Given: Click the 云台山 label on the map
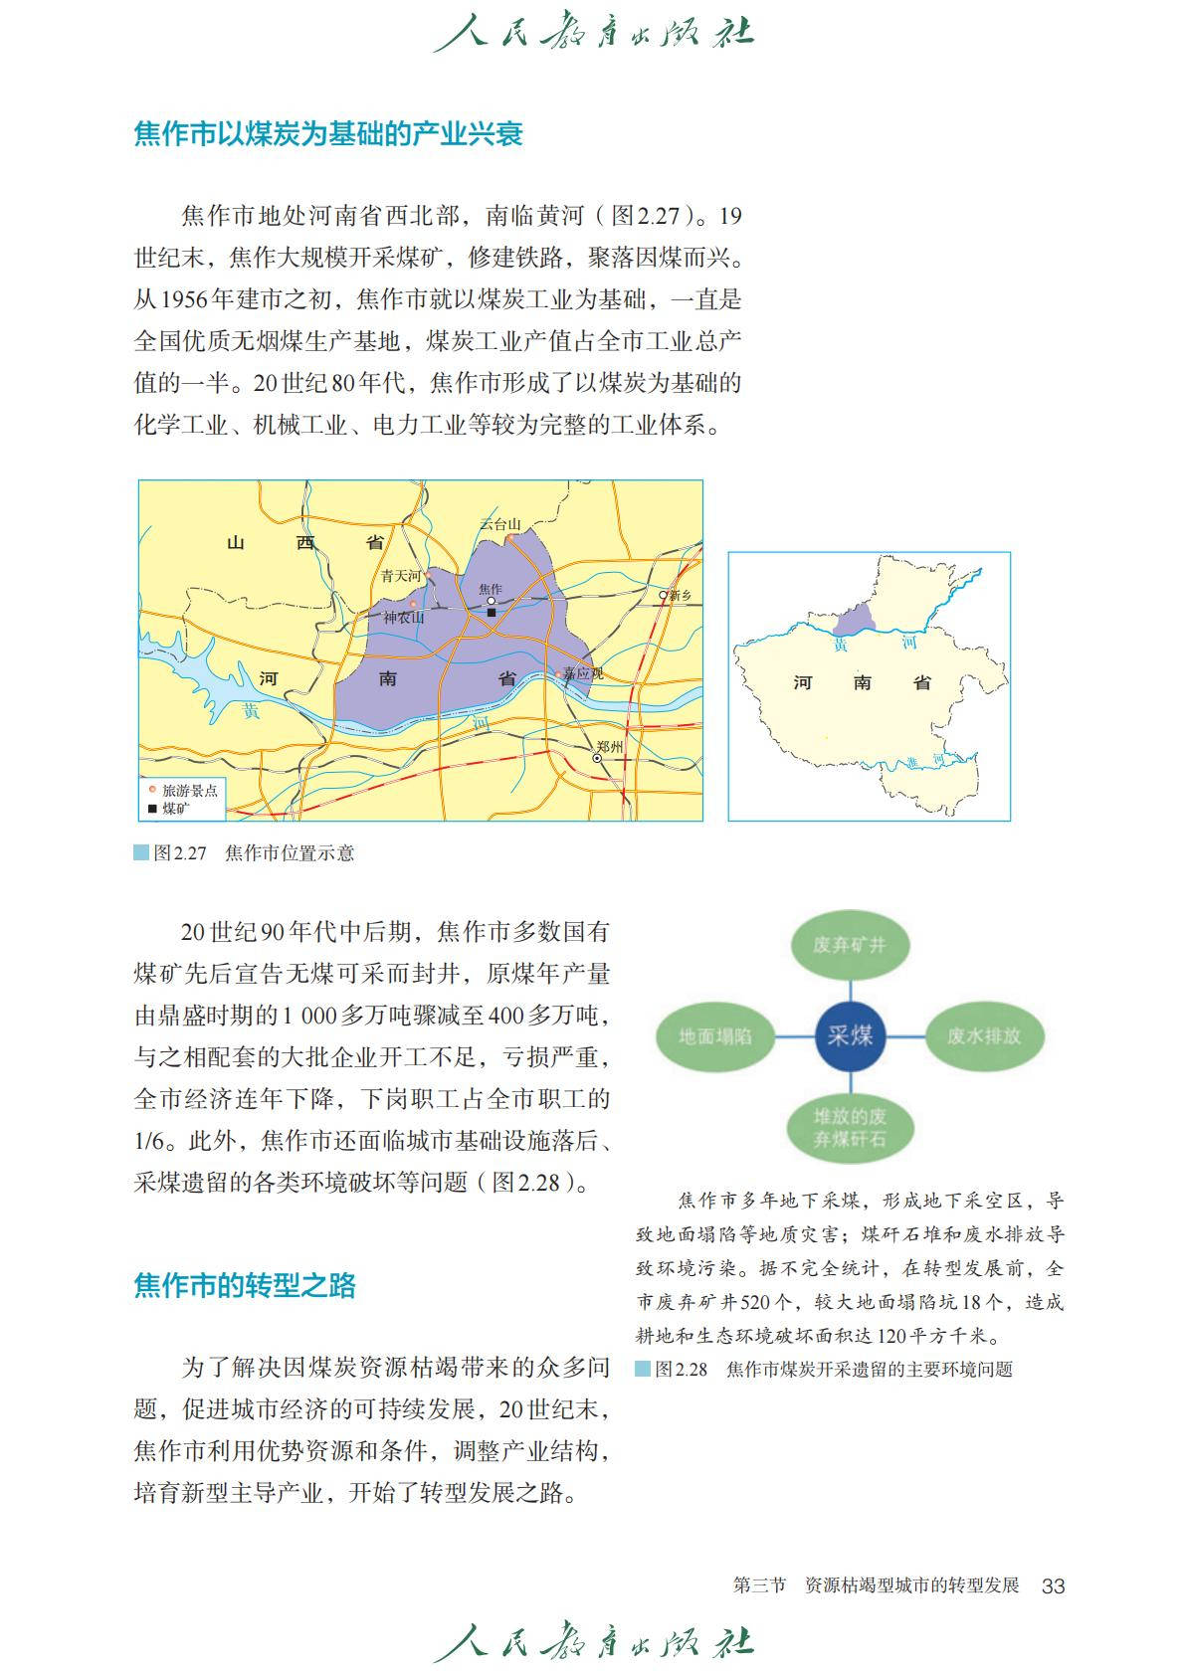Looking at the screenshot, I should [499, 524].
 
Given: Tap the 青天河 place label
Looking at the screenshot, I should [401, 575].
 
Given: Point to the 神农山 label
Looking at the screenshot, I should [404, 618].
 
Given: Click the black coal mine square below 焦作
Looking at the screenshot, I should [492, 613].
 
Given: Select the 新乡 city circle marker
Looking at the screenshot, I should [664, 595].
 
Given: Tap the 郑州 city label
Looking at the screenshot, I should [609, 746].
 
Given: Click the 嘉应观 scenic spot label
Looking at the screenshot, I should [583, 673].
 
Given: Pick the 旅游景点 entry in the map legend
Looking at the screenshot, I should [188, 791].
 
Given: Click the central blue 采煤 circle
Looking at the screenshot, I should [850, 1036].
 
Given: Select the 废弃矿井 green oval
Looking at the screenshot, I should [849, 945].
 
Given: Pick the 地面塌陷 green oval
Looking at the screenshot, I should [715, 1036].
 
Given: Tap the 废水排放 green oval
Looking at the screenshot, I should [983, 1036].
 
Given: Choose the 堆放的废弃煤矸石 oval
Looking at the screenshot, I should [849, 1128].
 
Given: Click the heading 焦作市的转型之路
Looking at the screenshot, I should [245, 1286].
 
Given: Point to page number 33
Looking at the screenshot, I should [1053, 1585].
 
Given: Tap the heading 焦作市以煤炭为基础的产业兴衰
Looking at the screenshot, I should [328, 134].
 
